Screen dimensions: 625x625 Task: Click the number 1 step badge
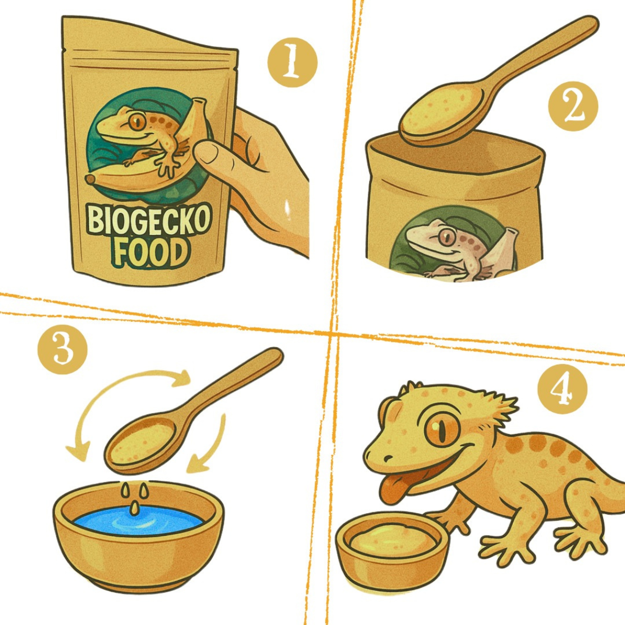pos(292,62)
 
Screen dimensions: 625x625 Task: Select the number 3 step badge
pos(62,349)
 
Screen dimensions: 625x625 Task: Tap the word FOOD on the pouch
pos(149,253)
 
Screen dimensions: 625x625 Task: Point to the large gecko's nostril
pos(388,458)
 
